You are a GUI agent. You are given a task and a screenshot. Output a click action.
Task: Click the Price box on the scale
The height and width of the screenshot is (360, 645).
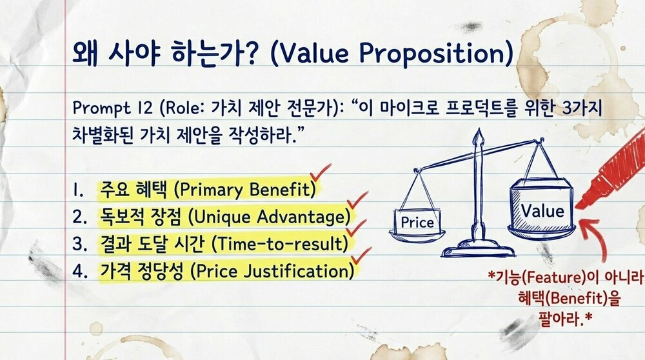pos(417,223)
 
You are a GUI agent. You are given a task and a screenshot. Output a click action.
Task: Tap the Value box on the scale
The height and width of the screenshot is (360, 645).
pos(542,210)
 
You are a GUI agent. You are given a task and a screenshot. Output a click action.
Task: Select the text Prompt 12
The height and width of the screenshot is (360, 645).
pos(101,106)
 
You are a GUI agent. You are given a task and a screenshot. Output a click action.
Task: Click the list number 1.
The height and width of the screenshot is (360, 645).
pos(80,190)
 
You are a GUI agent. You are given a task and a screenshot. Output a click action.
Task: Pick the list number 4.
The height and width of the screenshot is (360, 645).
pos(80,271)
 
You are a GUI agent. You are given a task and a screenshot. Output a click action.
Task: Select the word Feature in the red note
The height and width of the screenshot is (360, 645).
pos(549,278)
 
